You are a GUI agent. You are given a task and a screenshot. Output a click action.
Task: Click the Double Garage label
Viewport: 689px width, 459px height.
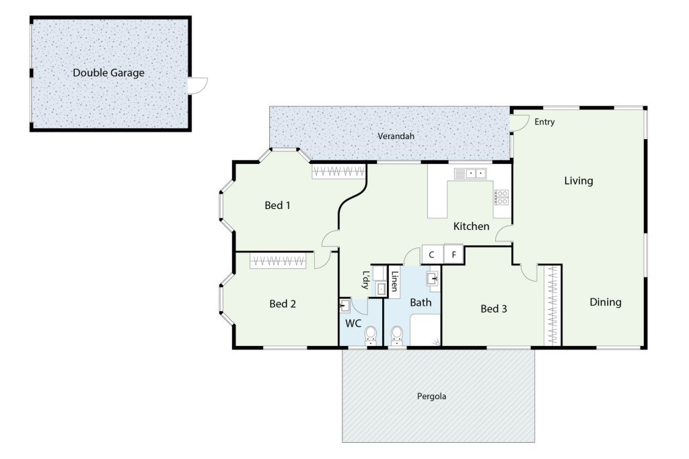(108, 73)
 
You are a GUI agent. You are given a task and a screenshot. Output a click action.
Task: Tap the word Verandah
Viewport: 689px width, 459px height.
(396, 136)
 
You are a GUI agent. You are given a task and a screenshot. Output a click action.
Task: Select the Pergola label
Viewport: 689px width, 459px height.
(431, 397)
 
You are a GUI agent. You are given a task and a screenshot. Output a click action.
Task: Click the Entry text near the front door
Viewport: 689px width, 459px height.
(544, 122)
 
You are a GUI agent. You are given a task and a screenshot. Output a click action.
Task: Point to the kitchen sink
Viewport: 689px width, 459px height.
(470, 173)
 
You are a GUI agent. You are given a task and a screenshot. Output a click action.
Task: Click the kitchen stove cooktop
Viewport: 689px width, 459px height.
(501, 198)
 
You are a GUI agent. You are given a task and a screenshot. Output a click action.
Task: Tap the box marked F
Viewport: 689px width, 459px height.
(454, 254)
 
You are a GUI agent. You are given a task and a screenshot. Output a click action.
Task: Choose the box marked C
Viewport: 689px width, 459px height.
(431, 255)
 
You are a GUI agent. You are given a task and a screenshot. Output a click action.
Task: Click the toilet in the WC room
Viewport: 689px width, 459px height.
(371, 336)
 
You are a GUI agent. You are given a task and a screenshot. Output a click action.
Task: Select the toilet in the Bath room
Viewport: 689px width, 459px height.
(397, 336)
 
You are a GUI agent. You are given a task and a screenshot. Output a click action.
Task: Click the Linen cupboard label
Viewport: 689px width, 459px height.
(394, 282)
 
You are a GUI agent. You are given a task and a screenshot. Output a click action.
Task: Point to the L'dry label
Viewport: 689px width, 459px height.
(365, 280)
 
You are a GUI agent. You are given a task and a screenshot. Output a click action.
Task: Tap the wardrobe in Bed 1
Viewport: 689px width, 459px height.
(338, 171)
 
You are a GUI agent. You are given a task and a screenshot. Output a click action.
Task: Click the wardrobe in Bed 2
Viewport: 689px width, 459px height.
(278, 261)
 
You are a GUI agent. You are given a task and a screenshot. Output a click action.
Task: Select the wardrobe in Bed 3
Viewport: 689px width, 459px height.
(552, 305)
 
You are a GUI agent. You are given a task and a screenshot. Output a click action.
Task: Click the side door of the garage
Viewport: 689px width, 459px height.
(197, 85)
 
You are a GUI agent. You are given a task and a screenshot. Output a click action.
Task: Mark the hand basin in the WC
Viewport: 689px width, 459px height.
(344, 306)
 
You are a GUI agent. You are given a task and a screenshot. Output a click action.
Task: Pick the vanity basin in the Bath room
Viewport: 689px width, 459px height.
(433, 279)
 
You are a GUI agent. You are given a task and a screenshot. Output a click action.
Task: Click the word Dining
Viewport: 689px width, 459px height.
(605, 302)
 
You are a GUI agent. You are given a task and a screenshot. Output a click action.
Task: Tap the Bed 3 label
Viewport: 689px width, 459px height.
(493, 309)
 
